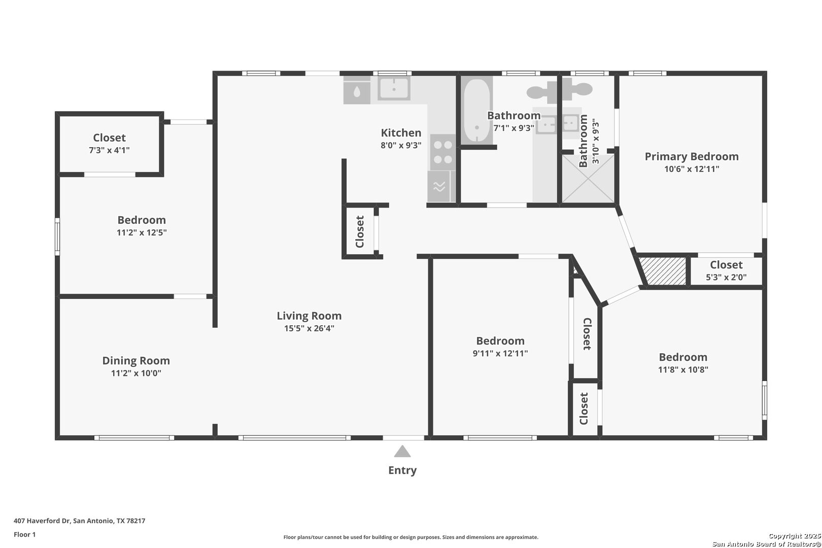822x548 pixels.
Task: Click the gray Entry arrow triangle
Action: pos(402,452)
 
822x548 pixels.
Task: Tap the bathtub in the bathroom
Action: pos(476,111)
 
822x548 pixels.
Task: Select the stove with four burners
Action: pos(443,152)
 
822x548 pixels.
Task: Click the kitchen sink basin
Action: pos(394,88)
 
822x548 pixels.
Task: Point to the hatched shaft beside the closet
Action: pos(663,271)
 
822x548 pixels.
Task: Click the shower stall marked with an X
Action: pos(588,179)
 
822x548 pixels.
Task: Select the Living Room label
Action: pos(309,316)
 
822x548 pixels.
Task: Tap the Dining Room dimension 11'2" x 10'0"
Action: pos(136,373)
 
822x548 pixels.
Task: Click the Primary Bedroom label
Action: pos(692,157)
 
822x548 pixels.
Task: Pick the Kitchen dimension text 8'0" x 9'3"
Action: pos(401,145)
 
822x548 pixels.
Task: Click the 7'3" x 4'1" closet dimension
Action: pos(110,150)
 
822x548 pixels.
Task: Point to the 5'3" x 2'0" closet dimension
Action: pos(726,277)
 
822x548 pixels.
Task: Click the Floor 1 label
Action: pos(24,534)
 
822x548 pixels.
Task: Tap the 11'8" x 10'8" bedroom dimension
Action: pos(683,369)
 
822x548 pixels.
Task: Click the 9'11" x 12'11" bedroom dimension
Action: pos(500,354)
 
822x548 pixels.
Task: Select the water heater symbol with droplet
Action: pos(357,90)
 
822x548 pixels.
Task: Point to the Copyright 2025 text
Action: pos(795,536)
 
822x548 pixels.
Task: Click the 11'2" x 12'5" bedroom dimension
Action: pos(142,233)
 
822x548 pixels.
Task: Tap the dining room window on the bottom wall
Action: pos(134,437)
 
